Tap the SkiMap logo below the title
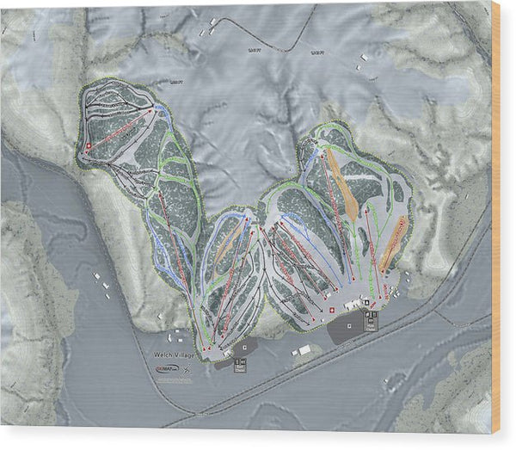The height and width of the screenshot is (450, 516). [168, 368]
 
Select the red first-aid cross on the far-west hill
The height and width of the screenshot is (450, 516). [88, 146]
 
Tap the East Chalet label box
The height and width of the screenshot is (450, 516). [240, 365]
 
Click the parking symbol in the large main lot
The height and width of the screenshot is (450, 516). [370, 313]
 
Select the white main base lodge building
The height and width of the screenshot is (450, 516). [353, 305]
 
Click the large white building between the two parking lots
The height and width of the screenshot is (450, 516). [304, 350]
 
